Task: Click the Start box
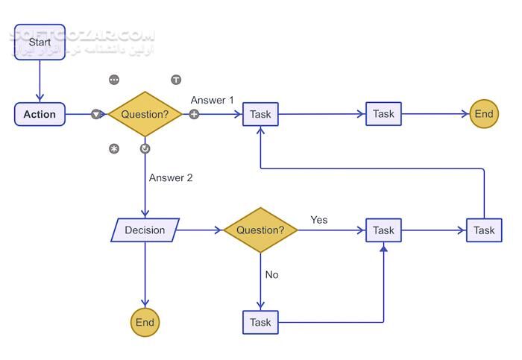(x=40, y=42)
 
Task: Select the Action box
(x=40, y=114)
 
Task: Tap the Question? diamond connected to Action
(x=145, y=114)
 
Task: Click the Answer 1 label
(x=212, y=100)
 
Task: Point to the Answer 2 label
(x=171, y=177)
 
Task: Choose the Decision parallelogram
(x=145, y=230)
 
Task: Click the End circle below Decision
(x=145, y=322)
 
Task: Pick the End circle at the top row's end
(x=484, y=114)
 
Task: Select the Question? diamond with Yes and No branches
(x=260, y=230)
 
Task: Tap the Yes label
(x=318, y=220)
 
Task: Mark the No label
(x=271, y=274)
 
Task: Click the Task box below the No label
(x=260, y=322)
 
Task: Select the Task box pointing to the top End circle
(x=383, y=114)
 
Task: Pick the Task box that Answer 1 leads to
(x=260, y=114)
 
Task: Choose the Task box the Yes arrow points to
(x=383, y=230)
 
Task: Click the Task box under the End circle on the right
(x=484, y=230)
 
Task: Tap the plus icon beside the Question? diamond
(x=194, y=114)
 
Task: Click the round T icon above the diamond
(x=176, y=79)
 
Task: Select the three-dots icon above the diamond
(x=114, y=79)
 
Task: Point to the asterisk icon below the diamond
(x=114, y=148)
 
